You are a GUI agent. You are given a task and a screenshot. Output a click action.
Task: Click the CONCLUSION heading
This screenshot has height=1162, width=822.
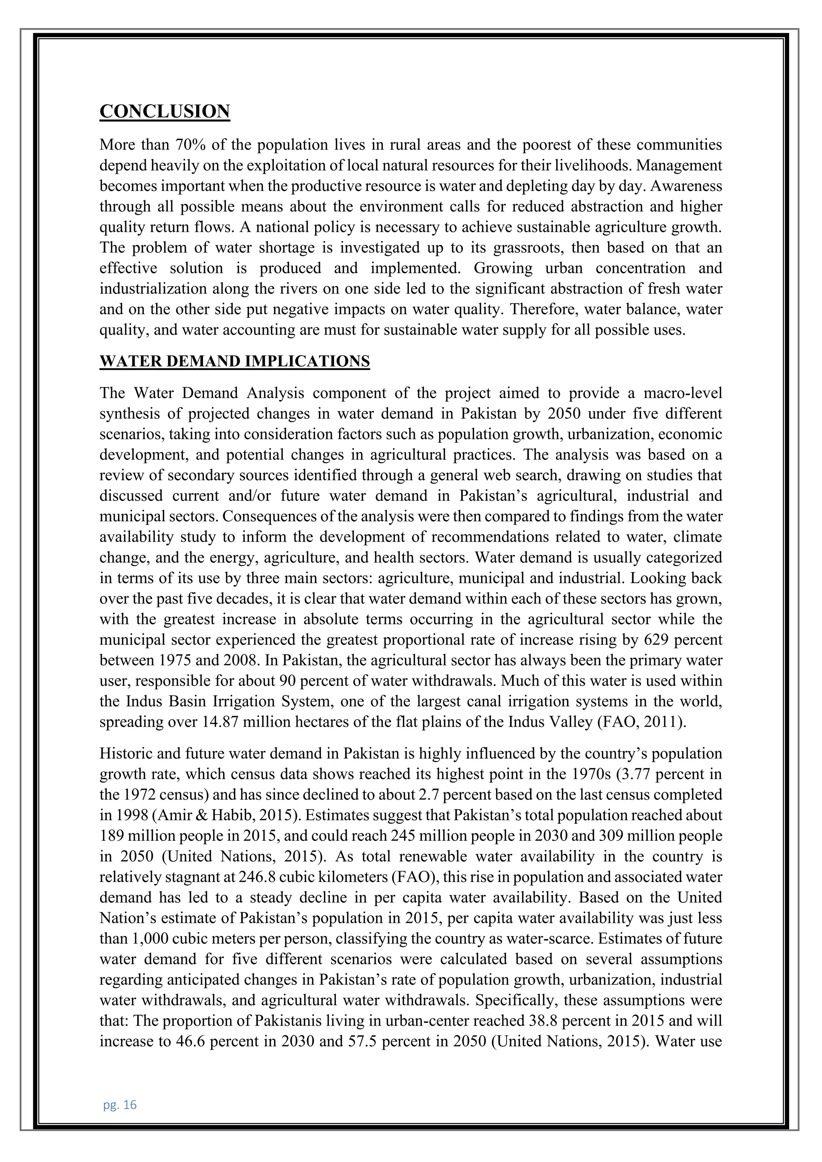click(x=165, y=111)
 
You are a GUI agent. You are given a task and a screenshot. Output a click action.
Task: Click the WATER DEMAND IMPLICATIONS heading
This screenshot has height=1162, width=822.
click(x=234, y=362)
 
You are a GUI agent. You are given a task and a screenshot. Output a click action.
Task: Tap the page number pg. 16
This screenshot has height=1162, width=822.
click(x=120, y=1104)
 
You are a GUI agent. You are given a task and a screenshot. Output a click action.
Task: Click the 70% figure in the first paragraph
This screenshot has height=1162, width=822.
click(x=189, y=145)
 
